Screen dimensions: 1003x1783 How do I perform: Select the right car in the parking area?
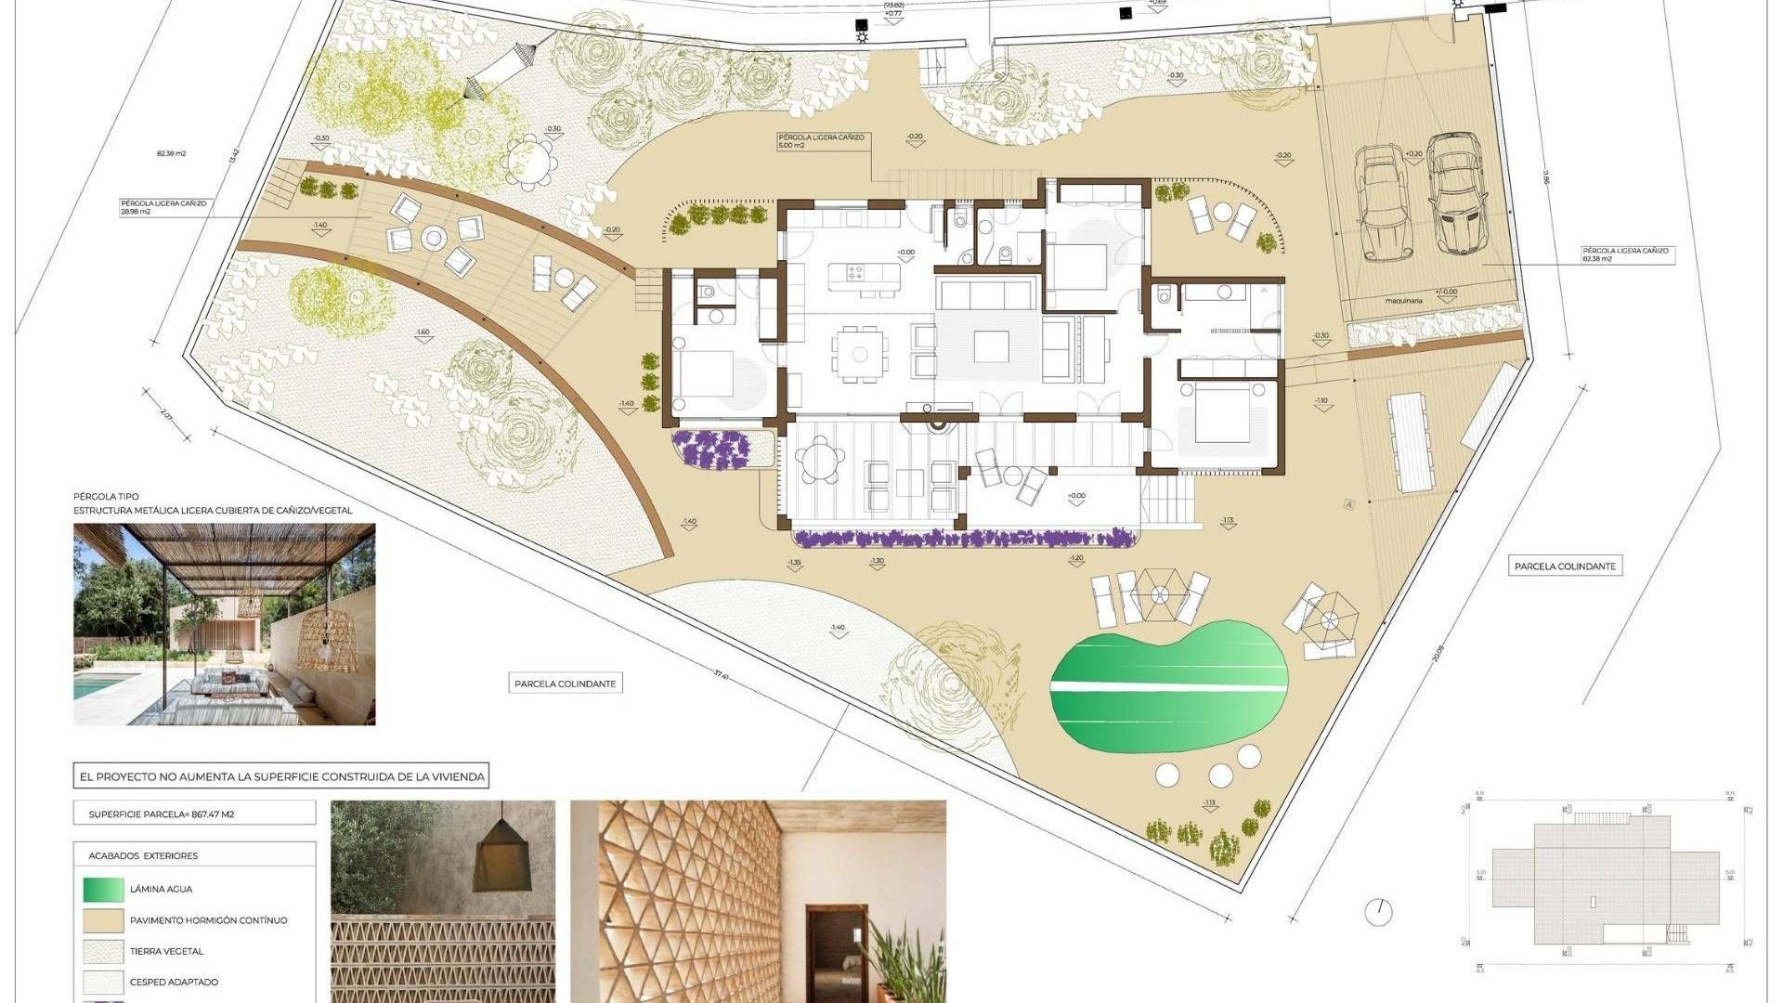pos(1455,193)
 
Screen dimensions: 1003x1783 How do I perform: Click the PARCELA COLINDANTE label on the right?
pos(1565,566)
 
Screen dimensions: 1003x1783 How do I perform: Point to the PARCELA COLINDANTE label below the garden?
pos(565,684)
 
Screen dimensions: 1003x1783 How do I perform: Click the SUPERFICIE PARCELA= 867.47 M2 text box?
pos(194,814)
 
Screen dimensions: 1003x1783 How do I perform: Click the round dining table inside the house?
pos(860,353)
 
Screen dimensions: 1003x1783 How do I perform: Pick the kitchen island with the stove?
pos(854,273)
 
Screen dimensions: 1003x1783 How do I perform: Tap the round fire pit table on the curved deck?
pos(434,239)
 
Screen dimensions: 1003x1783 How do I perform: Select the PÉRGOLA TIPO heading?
pos(106,497)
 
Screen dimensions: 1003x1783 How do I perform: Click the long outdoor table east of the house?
pos(1410,442)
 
